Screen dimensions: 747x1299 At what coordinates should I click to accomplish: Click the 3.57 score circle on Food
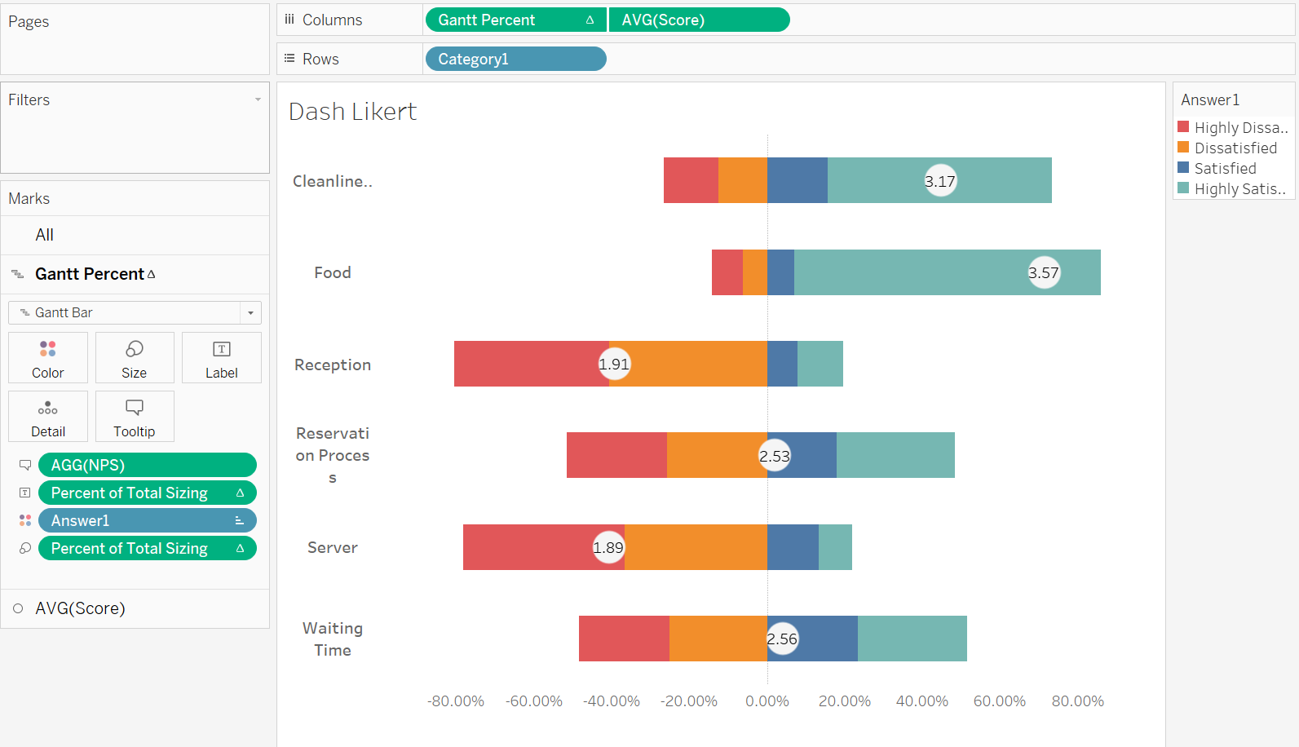tap(1043, 272)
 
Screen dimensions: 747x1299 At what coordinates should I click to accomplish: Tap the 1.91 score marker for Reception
tap(614, 364)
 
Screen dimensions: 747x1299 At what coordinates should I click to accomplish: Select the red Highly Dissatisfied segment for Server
tap(526, 547)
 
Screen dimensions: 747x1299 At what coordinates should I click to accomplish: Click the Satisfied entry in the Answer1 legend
tap(1224, 168)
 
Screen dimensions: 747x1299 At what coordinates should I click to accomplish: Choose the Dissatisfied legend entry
tap(1235, 148)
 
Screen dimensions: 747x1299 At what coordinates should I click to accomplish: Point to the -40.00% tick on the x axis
tap(612, 701)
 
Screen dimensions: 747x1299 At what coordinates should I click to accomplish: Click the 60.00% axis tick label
tap(999, 701)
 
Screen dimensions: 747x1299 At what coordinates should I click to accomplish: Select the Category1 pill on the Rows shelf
tap(515, 59)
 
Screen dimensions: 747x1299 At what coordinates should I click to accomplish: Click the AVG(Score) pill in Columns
tap(699, 20)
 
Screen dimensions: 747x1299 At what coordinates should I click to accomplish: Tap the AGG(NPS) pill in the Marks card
tap(147, 465)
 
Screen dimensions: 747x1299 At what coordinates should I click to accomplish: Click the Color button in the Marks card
tap(48, 358)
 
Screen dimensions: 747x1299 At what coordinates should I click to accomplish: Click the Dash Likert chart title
tap(352, 111)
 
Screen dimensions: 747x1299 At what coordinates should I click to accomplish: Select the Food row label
tap(333, 272)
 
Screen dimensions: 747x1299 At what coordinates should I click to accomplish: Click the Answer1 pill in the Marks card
tap(147, 520)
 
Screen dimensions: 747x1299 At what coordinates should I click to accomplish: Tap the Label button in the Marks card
tap(221, 358)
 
